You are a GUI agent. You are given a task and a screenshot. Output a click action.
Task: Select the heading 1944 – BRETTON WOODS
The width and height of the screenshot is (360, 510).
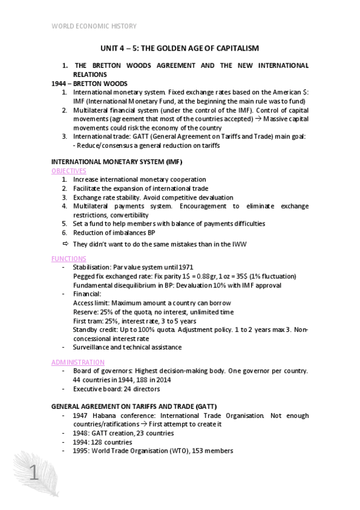point(84,84)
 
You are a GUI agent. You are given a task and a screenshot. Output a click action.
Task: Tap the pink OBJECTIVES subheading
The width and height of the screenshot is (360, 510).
point(69,171)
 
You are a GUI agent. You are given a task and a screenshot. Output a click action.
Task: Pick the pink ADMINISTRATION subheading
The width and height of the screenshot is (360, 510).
point(78,363)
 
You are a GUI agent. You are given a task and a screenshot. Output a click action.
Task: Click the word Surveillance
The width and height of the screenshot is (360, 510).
point(93,347)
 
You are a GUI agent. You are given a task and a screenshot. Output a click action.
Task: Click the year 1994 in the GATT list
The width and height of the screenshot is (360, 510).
point(81,442)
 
